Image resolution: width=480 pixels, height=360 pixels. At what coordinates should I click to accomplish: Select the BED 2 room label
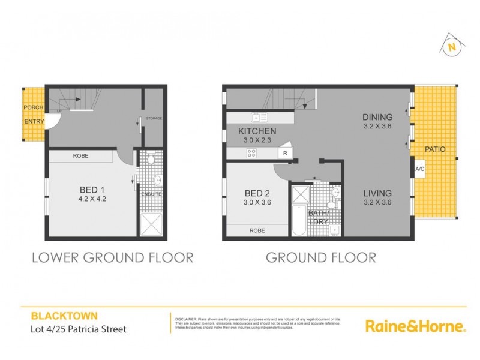(x=253, y=193)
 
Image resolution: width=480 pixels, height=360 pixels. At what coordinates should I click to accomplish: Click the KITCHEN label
(x=257, y=131)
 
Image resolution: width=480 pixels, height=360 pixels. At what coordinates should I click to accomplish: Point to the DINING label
(x=377, y=117)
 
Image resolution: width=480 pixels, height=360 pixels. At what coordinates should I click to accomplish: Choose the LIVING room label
(x=377, y=193)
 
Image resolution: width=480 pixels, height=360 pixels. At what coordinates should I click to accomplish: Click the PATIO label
(x=434, y=149)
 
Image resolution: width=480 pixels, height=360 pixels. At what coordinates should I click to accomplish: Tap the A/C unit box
(x=419, y=169)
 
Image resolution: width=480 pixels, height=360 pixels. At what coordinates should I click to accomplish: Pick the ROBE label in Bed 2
(x=257, y=230)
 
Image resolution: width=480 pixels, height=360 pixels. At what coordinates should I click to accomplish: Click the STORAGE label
(x=154, y=119)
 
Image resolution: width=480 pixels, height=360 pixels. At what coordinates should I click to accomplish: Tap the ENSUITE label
(x=152, y=194)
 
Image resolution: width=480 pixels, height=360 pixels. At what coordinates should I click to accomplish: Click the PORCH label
(x=33, y=107)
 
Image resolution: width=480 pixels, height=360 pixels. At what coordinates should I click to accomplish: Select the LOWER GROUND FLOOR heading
(x=112, y=258)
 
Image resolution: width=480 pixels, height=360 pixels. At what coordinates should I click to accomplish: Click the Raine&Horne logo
(x=415, y=326)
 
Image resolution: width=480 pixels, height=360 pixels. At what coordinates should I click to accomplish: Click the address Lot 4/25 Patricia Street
(x=79, y=329)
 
